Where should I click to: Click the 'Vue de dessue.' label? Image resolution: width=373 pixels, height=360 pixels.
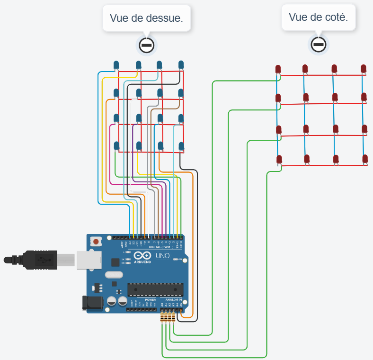(x=146, y=18)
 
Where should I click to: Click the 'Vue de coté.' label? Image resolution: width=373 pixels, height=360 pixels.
(x=318, y=18)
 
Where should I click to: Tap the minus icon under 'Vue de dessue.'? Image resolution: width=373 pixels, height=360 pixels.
(x=147, y=45)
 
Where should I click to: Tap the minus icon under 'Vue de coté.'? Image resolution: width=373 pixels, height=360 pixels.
(x=319, y=45)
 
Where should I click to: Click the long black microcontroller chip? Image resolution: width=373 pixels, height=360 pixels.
(x=155, y=289)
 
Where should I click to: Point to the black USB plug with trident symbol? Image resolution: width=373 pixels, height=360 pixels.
(x=40, y=260)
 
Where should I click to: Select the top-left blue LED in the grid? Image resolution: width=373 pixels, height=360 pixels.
(x=116, y=65)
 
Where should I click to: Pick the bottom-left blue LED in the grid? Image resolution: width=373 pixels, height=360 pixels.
(x=116, y=146)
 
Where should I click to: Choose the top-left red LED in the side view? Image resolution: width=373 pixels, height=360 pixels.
(x=278, y=70)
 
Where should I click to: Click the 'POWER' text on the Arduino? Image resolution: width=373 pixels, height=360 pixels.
(x=151, y=299)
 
